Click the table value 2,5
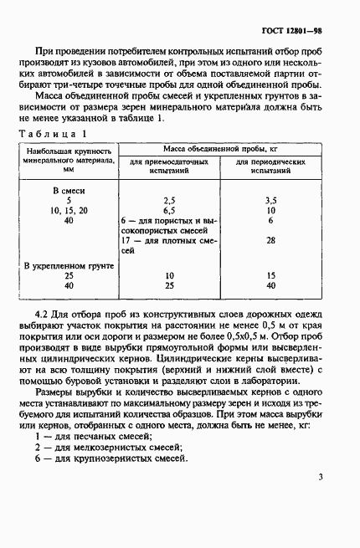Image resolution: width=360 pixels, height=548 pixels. [x=170, y=201]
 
